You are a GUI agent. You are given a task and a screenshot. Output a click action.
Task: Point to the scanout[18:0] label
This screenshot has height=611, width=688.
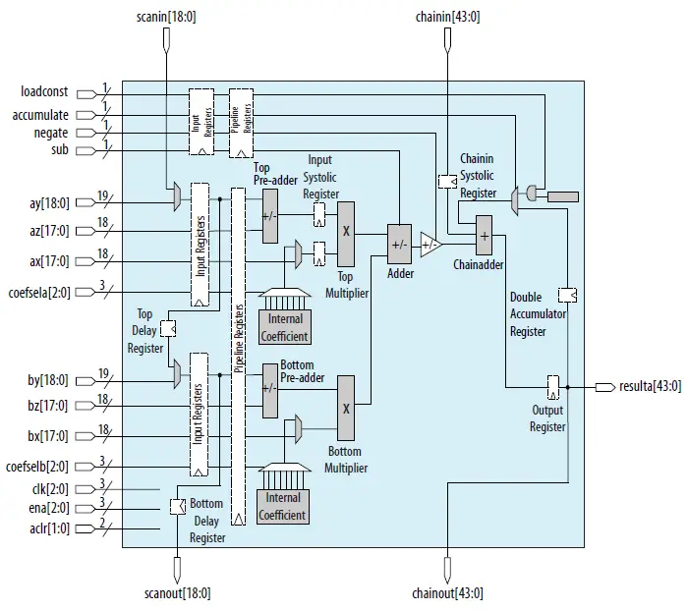point(177,593)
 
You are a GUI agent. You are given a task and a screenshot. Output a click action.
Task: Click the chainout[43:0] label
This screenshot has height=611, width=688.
point(447,593)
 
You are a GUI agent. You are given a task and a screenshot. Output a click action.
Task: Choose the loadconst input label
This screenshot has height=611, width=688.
point(44,92)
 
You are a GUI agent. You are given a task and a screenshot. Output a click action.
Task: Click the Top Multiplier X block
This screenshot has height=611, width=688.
point(346,233)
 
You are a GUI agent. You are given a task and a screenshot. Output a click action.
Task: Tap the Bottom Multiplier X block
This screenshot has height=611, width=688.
point(345,407)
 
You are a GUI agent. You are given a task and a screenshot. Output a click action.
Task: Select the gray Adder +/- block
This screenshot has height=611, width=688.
point(398,244)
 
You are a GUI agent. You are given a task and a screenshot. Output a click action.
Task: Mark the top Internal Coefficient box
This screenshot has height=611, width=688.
point(284,327)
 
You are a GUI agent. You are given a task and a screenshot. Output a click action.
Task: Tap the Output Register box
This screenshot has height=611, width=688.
point(552,386)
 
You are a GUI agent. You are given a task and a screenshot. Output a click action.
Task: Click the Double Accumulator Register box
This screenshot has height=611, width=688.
point(567,294)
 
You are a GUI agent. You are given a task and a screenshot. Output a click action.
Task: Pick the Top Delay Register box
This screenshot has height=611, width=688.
point(167,328)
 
